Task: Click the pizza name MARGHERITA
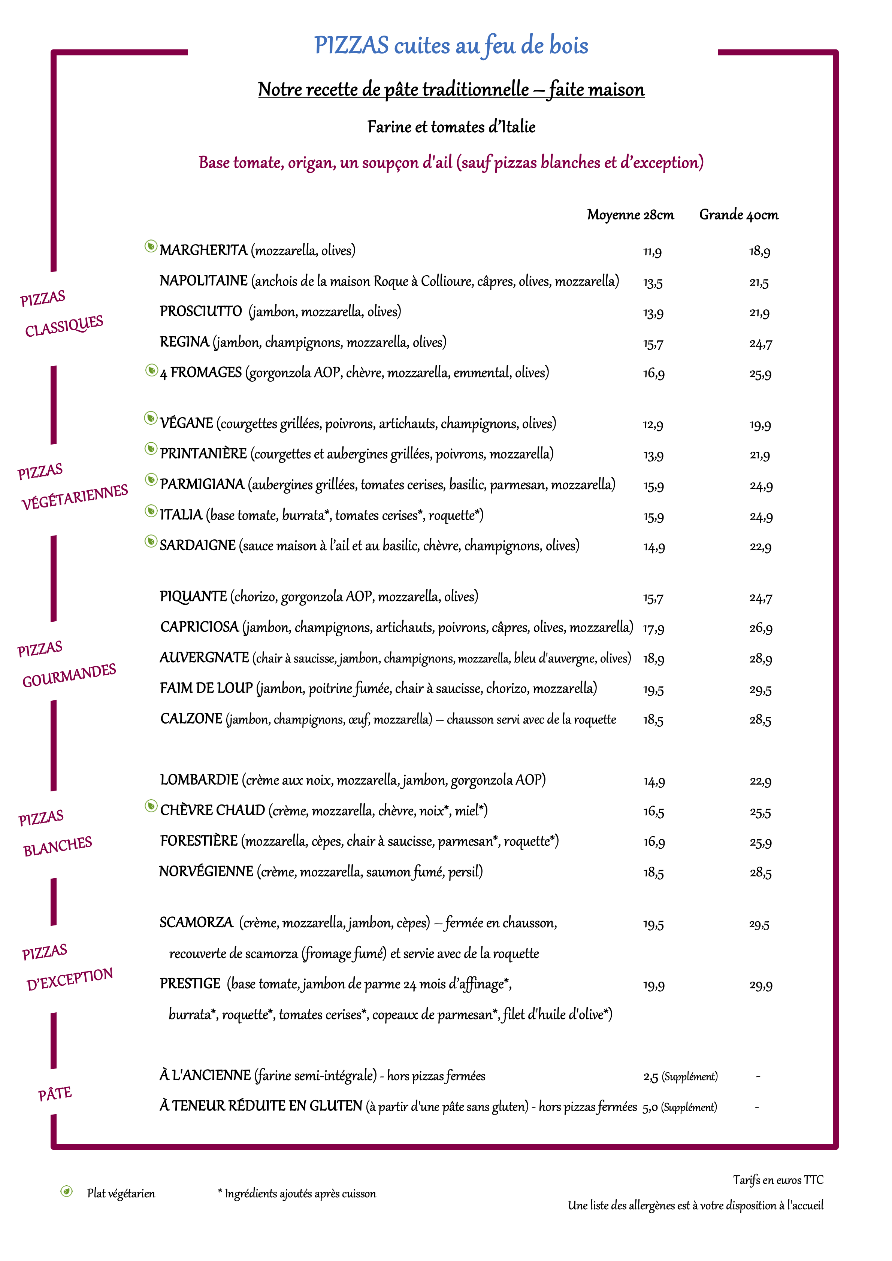(x=203, y=251)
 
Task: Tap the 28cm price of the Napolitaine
(x=653, y=283)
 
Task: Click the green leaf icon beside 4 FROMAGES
(x=151, y=371)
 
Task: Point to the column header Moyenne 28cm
(x=630, y=215)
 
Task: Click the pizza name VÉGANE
(x=186, y=423)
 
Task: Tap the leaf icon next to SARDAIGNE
(x=151, y=542)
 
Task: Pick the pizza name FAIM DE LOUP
(x=206, y=688)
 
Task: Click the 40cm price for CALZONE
(x=760, y=720)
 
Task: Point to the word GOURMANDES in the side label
(x=69, y=675)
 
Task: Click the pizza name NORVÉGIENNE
(x=206, y=872)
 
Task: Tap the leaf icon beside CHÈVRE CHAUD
(x=151, y=806)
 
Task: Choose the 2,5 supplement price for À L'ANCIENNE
(x=650, y=1076)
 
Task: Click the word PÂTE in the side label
(x=55, y=1094)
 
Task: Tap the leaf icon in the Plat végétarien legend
(x=66, y=1191)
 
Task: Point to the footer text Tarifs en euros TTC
(x=778, y=1180)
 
